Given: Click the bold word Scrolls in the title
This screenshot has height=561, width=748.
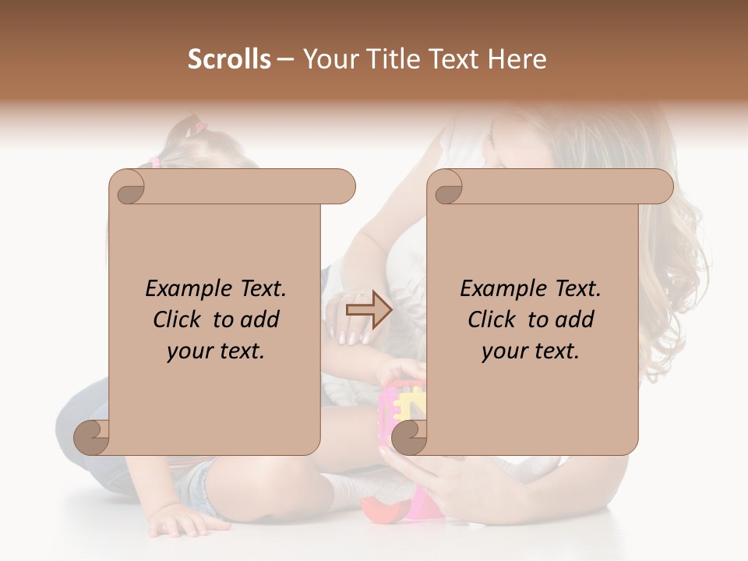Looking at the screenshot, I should tap(229, 59).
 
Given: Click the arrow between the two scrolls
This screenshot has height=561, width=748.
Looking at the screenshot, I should tap(369, 310).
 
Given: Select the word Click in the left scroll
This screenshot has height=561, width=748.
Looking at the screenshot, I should tap(180, 319).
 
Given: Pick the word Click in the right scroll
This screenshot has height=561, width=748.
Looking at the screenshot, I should tap(495, 319).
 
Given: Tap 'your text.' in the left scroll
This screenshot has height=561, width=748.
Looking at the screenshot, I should tap(216, 351).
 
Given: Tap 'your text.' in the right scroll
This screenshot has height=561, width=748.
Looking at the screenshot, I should tap(531, 351).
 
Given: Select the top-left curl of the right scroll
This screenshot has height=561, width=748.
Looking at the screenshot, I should tap(446, 187).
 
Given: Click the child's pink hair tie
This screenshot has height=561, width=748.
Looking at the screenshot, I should tap(154, 162).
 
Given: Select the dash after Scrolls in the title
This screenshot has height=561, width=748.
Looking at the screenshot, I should tap(285, 59).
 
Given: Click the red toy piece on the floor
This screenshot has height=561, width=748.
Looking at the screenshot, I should tap(383, 510).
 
